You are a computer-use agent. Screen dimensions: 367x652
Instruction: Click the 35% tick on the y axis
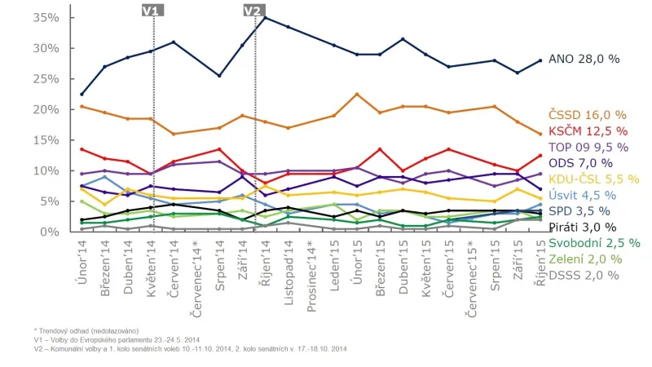tap(46, 17)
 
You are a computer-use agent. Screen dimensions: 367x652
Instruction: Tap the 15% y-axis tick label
tap(46, 139)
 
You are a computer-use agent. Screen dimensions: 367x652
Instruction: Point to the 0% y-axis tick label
tap(50, 232)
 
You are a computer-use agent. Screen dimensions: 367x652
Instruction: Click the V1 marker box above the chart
tap(152, 10)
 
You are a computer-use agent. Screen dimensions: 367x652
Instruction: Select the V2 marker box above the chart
tap(254, 10)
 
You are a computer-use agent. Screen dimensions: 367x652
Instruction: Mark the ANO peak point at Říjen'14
tap(265, 17)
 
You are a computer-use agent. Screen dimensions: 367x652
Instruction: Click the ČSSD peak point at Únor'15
tap(357, 94)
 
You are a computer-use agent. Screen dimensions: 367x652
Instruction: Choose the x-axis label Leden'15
tap(335, 259)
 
